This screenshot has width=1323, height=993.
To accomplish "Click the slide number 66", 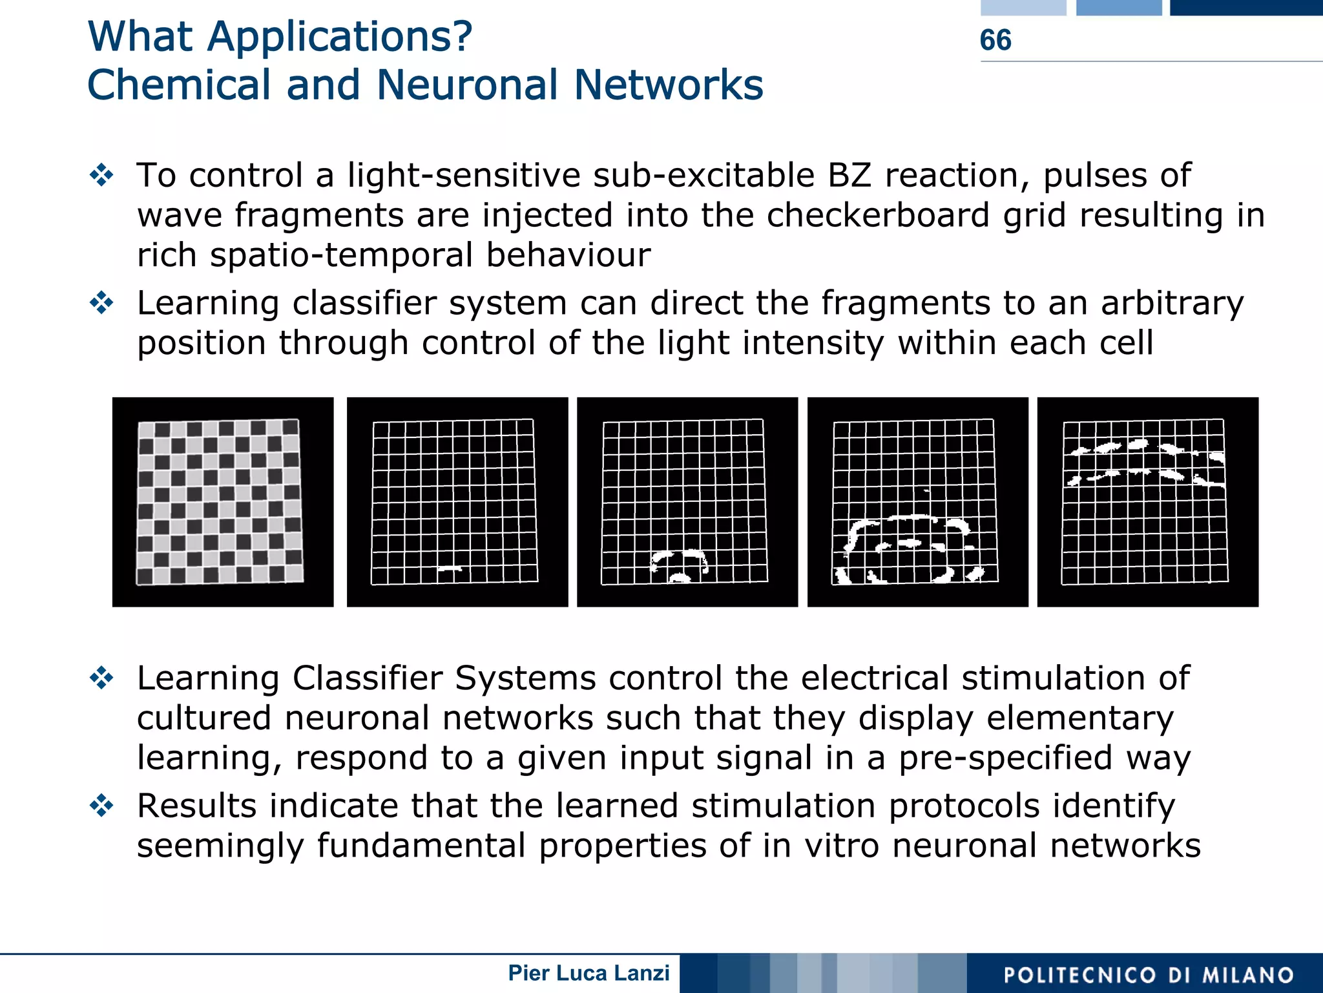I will pyautogui.click(x=995, y=40).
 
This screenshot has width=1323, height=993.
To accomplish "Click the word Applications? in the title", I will pyautogui.click(x=340, y=37).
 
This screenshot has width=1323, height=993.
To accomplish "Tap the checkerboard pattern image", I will pyautogui.click(x=222, y=502).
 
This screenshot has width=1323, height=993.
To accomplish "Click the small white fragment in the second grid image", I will pyautogui.click(x=450, y=569).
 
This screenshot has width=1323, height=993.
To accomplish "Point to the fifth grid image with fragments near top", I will pyautogui.click(x=1147, y=502).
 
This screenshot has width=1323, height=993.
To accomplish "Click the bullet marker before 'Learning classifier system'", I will pyautogui.click(x=102, y=303).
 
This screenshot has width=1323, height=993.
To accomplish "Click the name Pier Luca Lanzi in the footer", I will pyautogui.click(x=589, y=973).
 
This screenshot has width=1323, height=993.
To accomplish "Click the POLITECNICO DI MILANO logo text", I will pyautogui.click(x=1148, y=975).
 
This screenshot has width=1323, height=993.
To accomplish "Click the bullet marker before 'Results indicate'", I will pyautogui.click(x=102, y=806).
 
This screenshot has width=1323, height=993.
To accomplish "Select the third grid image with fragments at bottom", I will pyautogui.click(x=687, y=502).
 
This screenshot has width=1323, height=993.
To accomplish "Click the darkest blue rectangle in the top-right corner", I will pyautogui.click(x=1246, y=7).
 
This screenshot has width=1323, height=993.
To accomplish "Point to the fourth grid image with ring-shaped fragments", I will pyautogui.click(x=917, y=502).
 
